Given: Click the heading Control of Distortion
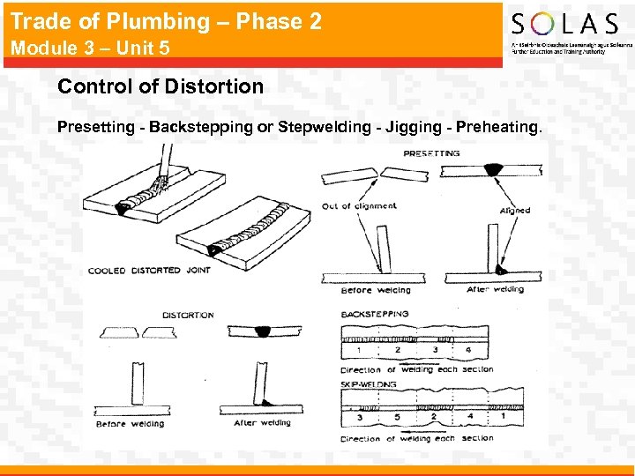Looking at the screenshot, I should [x=161, y=86].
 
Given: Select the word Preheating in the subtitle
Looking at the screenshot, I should [x=496, y=127].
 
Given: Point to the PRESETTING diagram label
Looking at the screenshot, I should [x=431, y=153].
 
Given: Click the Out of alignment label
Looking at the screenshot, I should [x=359, y=206].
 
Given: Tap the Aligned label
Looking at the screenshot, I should [x=515, y=211].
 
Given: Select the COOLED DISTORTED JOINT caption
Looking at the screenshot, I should [x=149, y=271].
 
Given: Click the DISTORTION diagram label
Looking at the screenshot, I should [x=188, y=315].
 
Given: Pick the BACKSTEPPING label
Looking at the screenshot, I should [x=375, y=314].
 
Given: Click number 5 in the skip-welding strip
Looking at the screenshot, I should [x=397, y=416].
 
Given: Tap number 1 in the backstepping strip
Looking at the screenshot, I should [x=359, y=350].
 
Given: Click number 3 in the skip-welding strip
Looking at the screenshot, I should [x=359, y=416].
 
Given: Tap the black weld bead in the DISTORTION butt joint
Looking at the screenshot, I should [x=263, y=331].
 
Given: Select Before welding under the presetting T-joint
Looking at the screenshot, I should [x=375, y=290].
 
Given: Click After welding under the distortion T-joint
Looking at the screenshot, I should [x=263, y=423].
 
